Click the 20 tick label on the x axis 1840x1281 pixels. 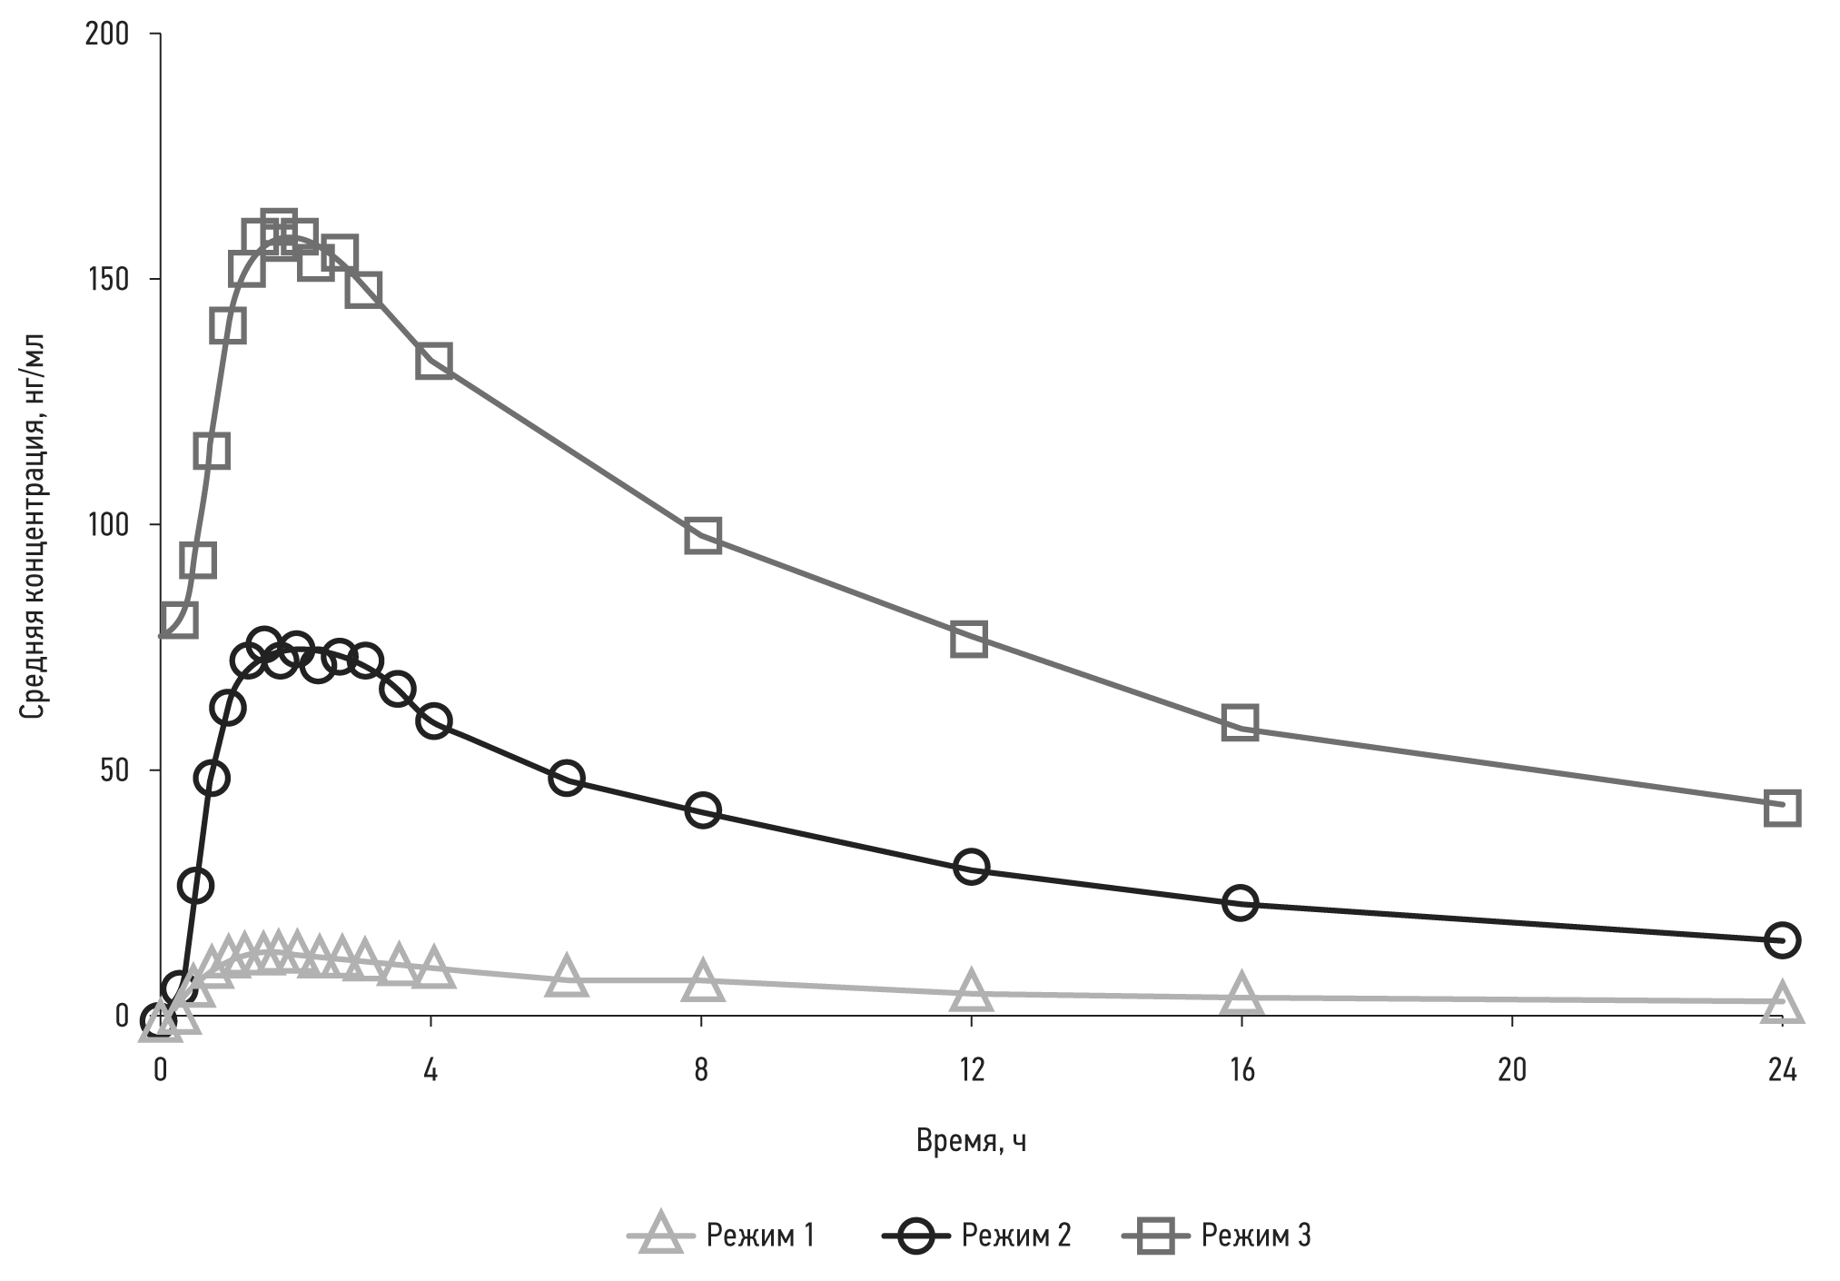1511,1070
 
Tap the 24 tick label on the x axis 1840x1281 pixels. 1782,1070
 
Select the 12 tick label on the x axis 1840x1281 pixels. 971,1070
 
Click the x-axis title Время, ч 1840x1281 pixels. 971,1140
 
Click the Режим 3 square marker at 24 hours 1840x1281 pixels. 1782,807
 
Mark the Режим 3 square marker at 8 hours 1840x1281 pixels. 703,536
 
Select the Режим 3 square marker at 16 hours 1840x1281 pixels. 1240,722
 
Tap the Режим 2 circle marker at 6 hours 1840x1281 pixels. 566,778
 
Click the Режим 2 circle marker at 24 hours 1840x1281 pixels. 1782,940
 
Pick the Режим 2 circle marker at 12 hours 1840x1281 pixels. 971,867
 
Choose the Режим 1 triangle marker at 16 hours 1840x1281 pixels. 1241,994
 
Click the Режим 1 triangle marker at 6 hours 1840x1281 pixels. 566,978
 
